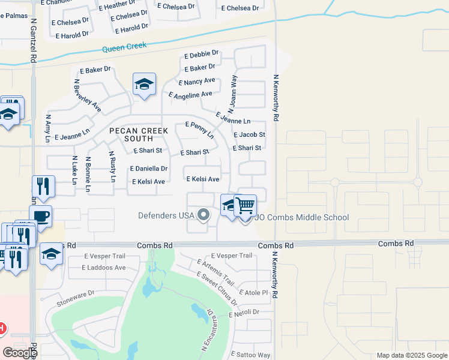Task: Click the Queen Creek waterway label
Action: pyautogui.click(x=125, y=49)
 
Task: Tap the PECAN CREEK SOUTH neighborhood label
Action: pyautogui.click(x=136, y=134)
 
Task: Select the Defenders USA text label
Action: pyautogui.click(x=166, y=215)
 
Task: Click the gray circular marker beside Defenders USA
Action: pyautogui.click(x=203, y=214)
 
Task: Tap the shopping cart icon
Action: pyautogui.click(x=245, y=205)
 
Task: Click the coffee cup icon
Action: pyautogui.click(x=40, y=216)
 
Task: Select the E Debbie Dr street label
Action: pyautogui.click(x=202, y=55)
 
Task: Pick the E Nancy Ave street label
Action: pyautogui.click(x=196, y=81)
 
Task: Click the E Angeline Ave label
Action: pyautogui.click(x=190, y=95)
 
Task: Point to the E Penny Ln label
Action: pyautogui.click(x=199, y=128)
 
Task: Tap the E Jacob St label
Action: pyautogui.click(x=249, y=135)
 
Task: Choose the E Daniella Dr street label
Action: pyautogui.click(x=149, y=169)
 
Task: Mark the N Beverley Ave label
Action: pyautogui.click(x=87, y=95)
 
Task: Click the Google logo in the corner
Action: pyautogui.click(x=20, y=353)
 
